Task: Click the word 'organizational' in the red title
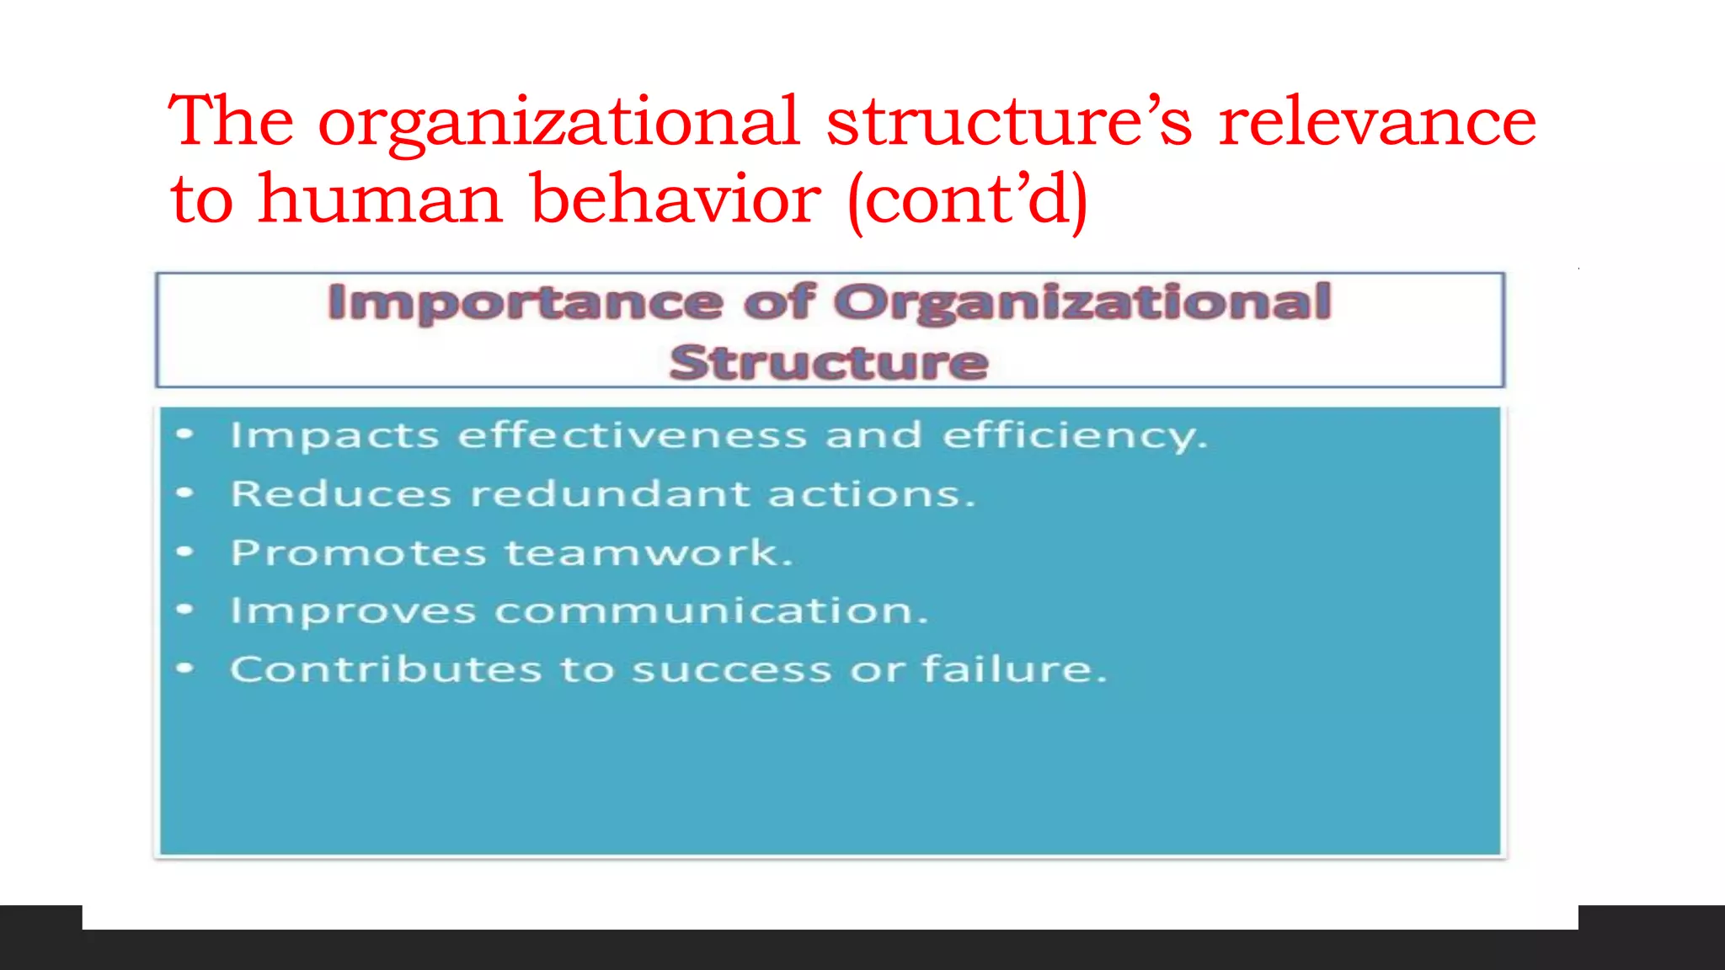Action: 558,122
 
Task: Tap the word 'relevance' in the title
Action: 1377,122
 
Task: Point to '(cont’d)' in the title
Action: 968,200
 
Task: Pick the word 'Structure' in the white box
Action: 829,362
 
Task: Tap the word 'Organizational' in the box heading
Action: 1082,303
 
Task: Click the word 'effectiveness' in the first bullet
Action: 632,435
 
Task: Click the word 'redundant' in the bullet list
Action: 610,493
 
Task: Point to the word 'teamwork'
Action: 649,552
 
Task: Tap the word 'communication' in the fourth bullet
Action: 711,610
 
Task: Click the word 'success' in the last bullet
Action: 732,670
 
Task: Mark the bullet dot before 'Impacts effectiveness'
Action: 185,434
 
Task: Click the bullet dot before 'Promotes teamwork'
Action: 185,552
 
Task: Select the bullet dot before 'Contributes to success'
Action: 185,669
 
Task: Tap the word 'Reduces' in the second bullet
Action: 341,493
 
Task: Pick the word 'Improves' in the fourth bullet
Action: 353,611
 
